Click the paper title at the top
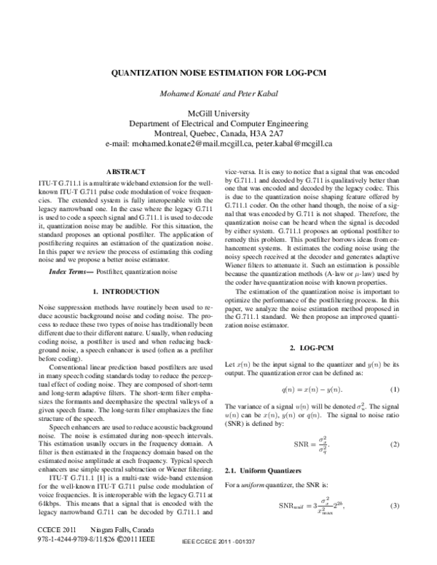click(x=219, y=74)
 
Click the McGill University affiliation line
click(x=219, y=114)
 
